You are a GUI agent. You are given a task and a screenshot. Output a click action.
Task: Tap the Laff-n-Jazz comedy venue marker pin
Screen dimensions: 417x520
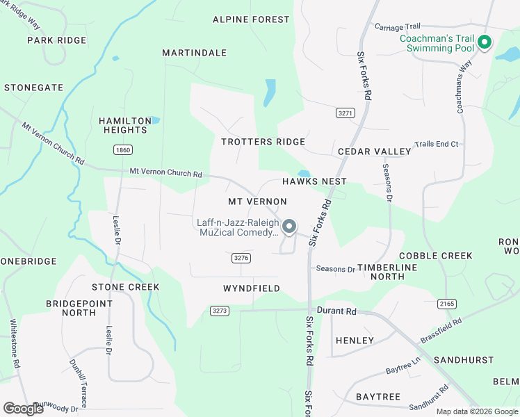coord(289,226)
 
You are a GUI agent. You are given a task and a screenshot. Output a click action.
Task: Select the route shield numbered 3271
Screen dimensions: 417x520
coord(345,113)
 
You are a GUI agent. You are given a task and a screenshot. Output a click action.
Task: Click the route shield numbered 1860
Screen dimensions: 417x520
coord(122,150)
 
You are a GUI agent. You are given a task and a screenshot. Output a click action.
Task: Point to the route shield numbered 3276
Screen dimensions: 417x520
coord(241,258)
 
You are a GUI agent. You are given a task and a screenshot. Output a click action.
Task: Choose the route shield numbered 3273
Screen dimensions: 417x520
coord(220,311)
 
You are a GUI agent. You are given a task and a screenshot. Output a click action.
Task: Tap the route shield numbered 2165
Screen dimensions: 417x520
coord(448,304)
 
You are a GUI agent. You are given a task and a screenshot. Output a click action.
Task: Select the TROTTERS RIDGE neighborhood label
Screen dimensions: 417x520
coord(263,142)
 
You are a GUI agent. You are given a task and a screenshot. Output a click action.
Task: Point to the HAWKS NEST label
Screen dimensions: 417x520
coord(314,181)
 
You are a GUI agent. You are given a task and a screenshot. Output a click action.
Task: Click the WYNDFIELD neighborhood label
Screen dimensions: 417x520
coord(252,288)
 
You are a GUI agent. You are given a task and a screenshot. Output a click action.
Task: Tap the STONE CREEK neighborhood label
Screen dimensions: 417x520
coord(126,287)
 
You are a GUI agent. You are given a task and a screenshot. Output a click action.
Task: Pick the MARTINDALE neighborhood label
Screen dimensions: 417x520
coord(195,53)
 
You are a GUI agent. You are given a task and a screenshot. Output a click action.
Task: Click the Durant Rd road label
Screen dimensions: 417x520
coord(336,311)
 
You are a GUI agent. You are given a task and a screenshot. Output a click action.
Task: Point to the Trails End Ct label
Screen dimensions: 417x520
coord(437,144)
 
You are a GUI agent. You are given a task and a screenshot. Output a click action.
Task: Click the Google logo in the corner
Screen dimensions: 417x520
coord(24,409)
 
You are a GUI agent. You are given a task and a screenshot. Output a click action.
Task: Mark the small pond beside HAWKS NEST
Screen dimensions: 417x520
coord(304,173)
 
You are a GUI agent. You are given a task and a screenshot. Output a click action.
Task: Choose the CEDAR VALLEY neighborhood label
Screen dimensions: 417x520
coord(374,152)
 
